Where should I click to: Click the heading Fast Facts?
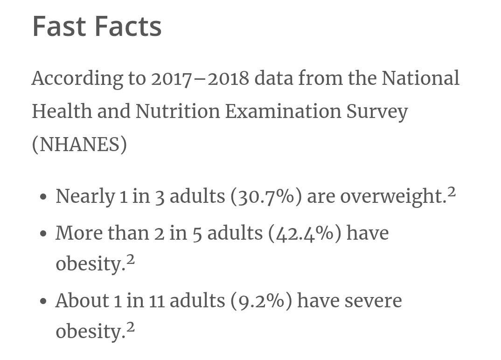tap(97, 27)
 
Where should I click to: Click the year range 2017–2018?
tap(200, 78)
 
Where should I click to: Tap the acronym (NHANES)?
tap(80, 145)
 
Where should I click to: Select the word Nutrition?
tap(178, 111)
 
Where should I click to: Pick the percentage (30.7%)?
tap(266, 196)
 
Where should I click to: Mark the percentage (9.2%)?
tap(261, 301)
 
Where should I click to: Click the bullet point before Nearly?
tap(44, 197)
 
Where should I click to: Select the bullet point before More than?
tap(44, 234)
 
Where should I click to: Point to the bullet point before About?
tap(44, 302)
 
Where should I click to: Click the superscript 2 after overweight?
tap(452, 192)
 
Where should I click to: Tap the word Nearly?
tap(85, 197)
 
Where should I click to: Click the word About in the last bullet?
tap(82, 301)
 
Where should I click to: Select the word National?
tap(420, 78)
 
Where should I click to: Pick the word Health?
tap(62, 111)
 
